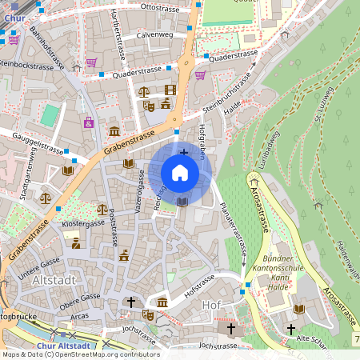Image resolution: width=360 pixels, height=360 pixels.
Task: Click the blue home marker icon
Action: pos(180,172)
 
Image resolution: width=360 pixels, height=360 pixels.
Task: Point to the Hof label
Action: pos(212,304)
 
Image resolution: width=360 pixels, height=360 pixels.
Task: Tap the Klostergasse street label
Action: pos(82,226)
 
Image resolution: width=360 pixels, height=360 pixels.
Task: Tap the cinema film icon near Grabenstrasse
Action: pos(170,90)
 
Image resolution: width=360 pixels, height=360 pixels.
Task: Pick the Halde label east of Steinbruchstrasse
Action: pos(233,115)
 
